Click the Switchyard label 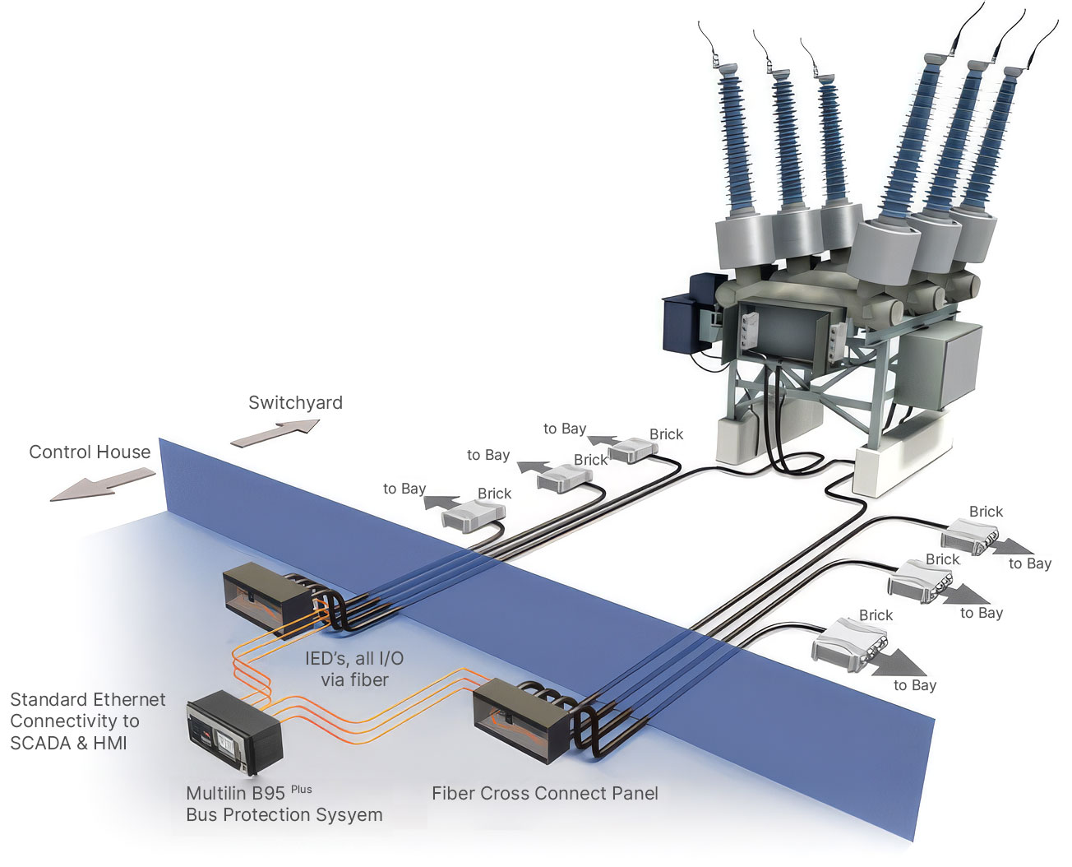pos(295,403)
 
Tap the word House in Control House pos(125,452)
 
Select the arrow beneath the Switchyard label pos(275,433)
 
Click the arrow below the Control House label pos(103,484)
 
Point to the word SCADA pos(42,743)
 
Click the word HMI pos(110,743)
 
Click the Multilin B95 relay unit pos(234,731)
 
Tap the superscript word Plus pos(301,789)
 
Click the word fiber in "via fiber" pos(369,679)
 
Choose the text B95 pos(269,794)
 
